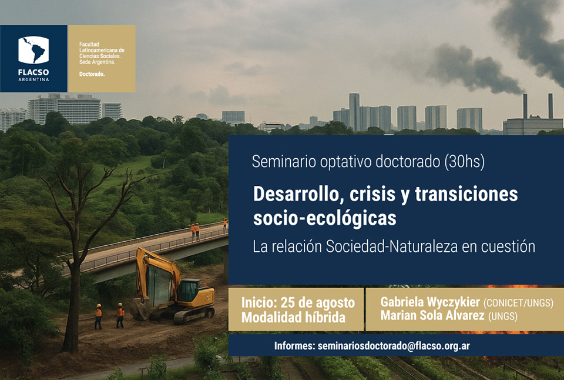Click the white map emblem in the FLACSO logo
[33, 50]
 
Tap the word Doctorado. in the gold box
[92, 74]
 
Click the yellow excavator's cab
[189, 291]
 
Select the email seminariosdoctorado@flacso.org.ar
[394, 346]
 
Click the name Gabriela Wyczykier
[430, 302]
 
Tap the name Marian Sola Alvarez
[432, 315]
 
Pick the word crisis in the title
[372, 194]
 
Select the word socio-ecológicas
[324, 218]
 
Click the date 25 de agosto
[317, 303]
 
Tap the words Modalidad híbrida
[293, 318]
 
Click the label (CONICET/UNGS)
[518, 303]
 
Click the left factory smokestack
[525, 106]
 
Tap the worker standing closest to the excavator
[120, 315]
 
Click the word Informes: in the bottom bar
[294, 346]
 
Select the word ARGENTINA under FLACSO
[33, 79]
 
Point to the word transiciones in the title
[466, 194]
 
